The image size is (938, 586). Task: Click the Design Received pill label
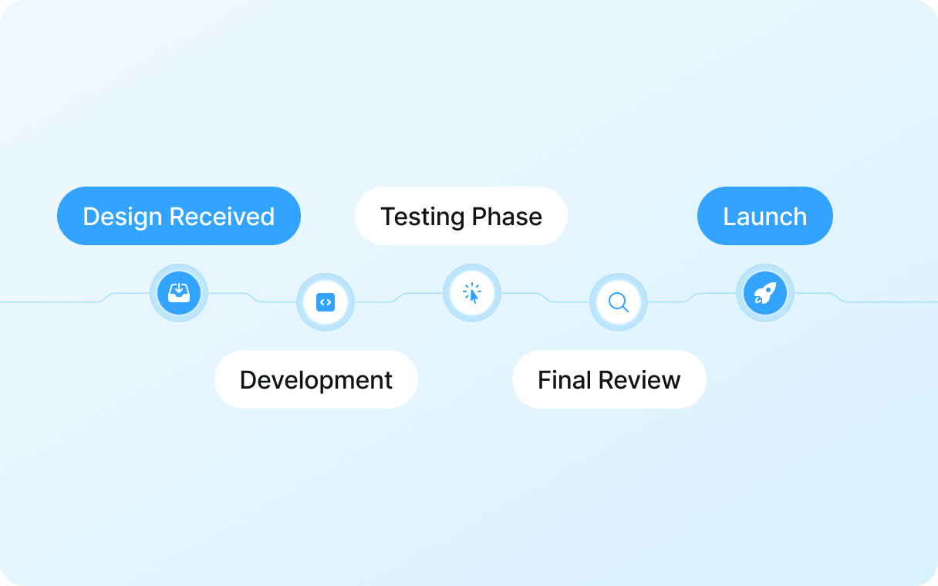point(179,216)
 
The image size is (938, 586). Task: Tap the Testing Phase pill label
point(461,216)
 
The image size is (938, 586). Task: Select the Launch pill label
point(765,216)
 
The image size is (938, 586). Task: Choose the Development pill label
point(316,379)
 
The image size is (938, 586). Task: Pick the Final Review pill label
point(609,379)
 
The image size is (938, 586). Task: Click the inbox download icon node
point(179,293)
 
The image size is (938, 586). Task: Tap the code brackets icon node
point(326,302)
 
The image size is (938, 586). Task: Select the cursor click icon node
point(472,293)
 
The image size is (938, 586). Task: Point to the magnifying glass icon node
point(619,302)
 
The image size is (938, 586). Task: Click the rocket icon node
point(765,293)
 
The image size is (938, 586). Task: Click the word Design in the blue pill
point(123,217)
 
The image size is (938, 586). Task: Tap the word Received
point(222,217)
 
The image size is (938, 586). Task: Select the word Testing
point(423,217)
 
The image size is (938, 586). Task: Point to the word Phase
point(507,217)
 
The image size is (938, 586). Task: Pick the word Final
point(565,379)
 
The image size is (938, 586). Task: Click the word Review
point(639,379)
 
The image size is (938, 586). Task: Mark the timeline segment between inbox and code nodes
point(252,297)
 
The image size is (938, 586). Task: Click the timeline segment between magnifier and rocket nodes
point(692,298)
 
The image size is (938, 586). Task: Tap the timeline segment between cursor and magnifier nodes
point(545,297)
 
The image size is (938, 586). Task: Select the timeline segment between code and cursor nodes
point(399,298)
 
